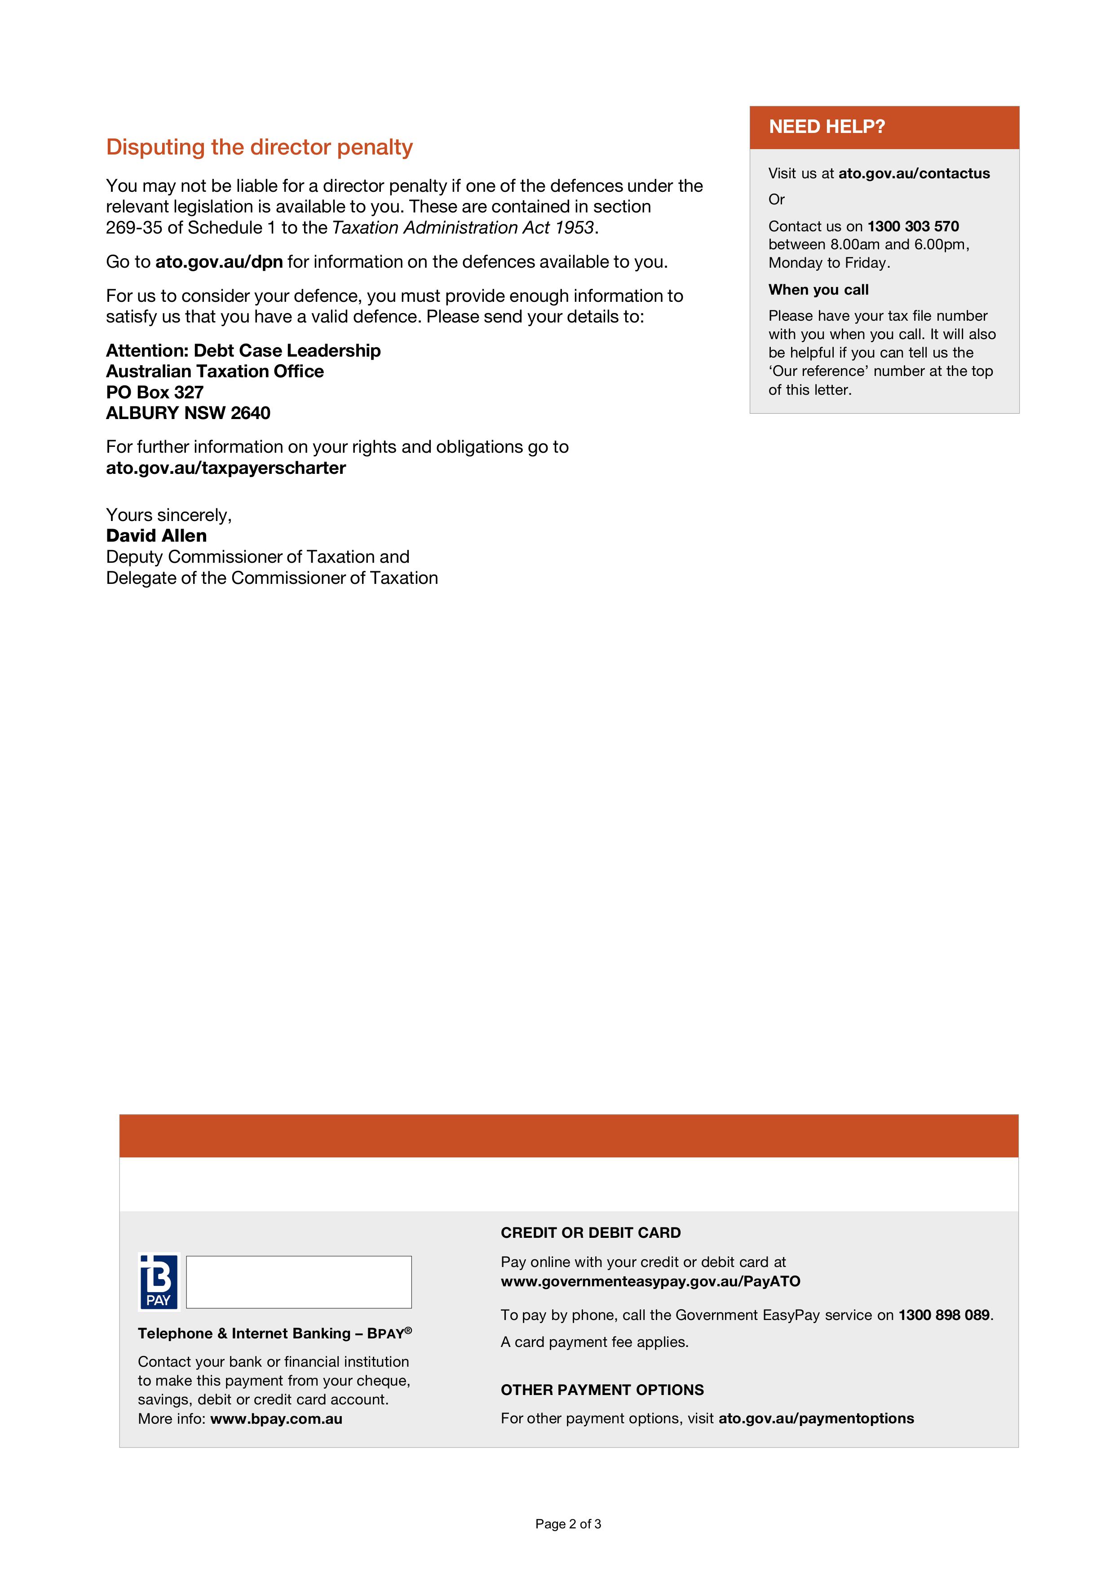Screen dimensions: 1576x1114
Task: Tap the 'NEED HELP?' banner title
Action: tap(827, 127)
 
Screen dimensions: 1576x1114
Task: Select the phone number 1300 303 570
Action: tap(913, 226)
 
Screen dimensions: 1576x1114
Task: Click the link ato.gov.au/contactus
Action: tap(914, 174)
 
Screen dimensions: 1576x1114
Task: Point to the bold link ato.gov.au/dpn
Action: tap(219, 262)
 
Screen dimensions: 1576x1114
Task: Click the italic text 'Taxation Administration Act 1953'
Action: tap(463, 228)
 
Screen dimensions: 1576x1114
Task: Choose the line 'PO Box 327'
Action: tap(155, 393)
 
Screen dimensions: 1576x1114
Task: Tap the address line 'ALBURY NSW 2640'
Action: tap(188, 413)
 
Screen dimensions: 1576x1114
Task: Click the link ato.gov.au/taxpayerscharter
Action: tap(226, 468)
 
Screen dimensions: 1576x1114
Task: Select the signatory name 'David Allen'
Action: tap(156, 536)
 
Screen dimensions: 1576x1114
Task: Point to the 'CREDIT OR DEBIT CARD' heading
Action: tap(590, 1233)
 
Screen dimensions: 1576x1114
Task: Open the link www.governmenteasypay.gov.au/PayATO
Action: tap(650, 1281)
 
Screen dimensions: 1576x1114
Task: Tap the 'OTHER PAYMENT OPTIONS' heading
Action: tap(602, 1390)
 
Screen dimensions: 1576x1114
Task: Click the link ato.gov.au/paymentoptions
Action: tap(816, 1419)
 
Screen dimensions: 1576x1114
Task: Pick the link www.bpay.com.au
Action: tap(276, 1419)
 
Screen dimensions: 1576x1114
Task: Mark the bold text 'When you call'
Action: tap(818, 290)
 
